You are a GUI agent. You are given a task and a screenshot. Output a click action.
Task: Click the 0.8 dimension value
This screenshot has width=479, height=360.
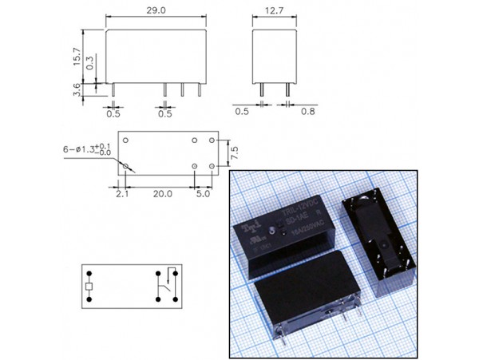(308, 113)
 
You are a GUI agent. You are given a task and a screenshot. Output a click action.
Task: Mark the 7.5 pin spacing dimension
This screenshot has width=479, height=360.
(234, 152)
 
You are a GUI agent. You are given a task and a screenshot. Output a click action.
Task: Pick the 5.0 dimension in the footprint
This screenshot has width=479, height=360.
(203, 193)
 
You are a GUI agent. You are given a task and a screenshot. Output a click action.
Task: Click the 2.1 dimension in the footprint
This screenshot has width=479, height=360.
(122, 193)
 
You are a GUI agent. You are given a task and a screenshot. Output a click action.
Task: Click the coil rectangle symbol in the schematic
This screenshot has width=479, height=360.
(90, 285)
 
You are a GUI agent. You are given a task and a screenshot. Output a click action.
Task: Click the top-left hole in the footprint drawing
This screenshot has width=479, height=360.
(126, 139)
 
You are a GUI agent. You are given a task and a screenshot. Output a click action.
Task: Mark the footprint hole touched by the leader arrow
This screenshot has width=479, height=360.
(126, 166)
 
